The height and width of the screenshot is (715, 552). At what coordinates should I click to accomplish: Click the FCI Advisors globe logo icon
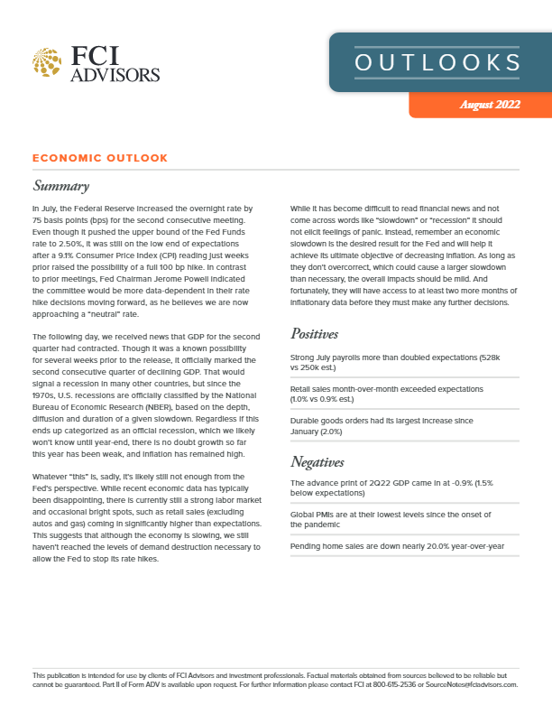tap(46, 64)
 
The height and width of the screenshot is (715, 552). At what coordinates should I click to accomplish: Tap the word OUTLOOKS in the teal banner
tap(437, 62)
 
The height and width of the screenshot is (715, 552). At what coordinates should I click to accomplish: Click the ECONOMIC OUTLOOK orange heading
tap(99, 158)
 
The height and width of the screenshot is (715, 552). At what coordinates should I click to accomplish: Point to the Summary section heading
tap(60, 187)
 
